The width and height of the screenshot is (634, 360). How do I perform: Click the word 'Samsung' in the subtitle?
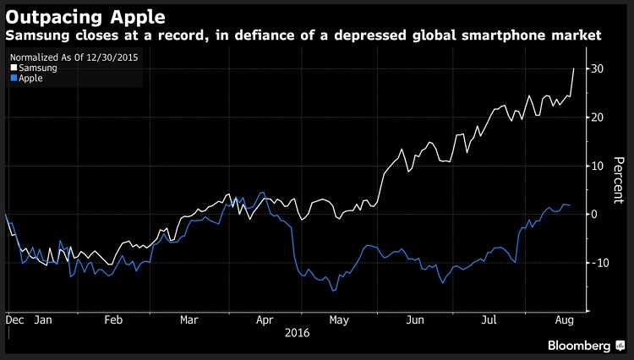tap(35, 36)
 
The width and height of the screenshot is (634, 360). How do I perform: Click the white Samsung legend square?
tap(13, 68)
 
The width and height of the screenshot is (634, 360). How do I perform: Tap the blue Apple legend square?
tap(13, 79)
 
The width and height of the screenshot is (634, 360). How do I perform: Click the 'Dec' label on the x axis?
tap(14, 321)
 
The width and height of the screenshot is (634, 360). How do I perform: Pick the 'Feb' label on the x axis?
tap(114, 321)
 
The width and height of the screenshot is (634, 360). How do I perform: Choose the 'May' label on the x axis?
tap(339, 321)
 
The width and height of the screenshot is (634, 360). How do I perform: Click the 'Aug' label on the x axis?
tap(562, 321)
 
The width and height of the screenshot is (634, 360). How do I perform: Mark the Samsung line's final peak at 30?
tap(575, 69)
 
